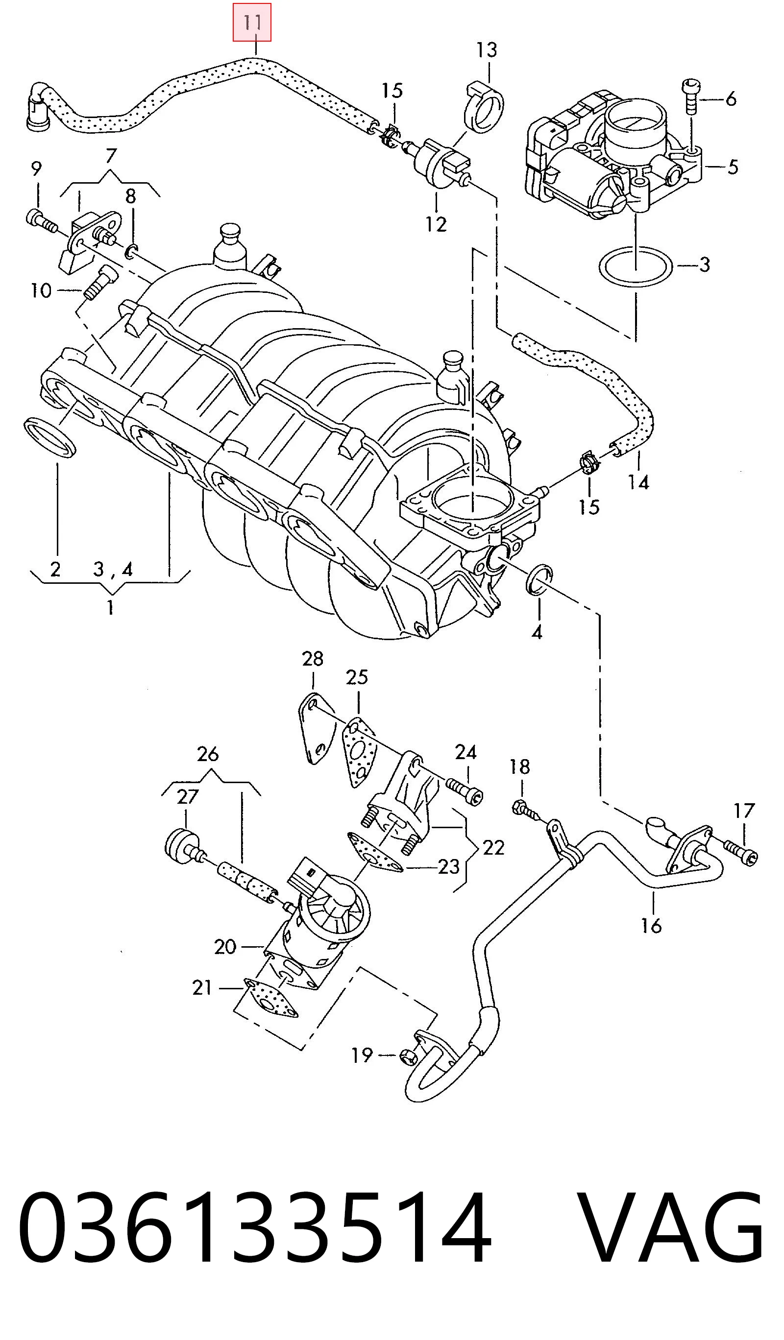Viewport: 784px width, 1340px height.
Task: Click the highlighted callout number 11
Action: coord(252,23)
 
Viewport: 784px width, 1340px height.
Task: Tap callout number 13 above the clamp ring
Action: coord(487,50)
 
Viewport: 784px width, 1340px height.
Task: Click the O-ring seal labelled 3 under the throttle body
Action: coord(636,267)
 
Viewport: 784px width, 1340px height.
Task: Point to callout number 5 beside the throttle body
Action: coord(733,167)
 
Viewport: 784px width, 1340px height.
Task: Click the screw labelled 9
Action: coord(41,222)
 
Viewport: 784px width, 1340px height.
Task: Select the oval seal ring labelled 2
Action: coord(50,437)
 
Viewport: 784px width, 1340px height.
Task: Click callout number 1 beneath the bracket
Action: coord(110,607)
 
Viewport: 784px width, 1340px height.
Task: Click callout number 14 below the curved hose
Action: coord(638,482)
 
